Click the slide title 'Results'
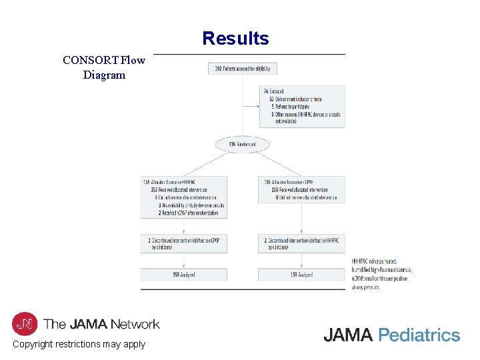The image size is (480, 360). [x=235, y=39]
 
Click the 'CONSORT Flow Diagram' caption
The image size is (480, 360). [x=103, y=67]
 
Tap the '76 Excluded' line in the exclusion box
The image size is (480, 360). [x=274, y=91]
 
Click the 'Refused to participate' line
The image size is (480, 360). [x=294, y=107]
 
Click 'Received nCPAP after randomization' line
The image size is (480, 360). [x=189, y=213]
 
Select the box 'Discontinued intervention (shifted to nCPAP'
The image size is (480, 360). [x=183, y=243]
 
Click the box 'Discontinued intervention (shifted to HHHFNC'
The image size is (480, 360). [x=301, y=243]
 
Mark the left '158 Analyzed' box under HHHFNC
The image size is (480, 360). [x=183, y=274]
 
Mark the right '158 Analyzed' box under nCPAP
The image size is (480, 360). [x=301, y=274]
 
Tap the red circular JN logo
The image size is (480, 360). [x=25, y=324]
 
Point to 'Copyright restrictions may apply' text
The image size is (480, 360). [x=79, y=345]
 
